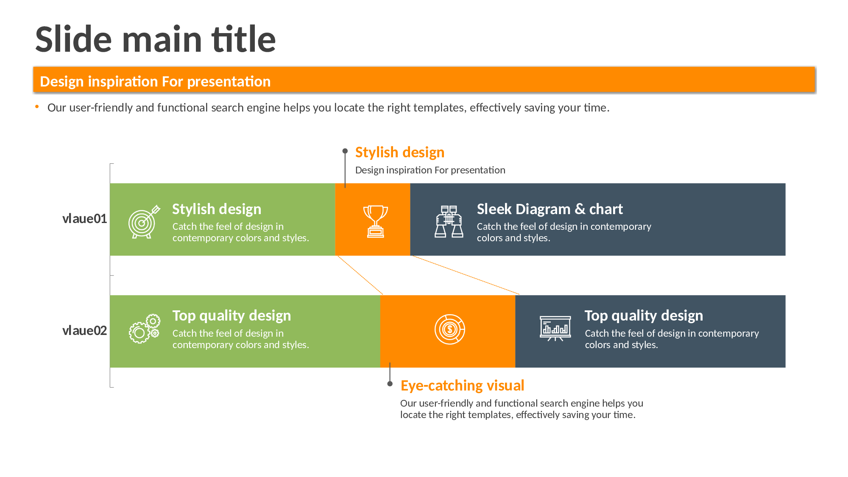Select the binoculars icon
tap(449, 221)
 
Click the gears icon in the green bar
tap(145, 329)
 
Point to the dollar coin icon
tap(449, 329)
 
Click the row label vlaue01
tap(84, 219)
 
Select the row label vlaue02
tap(84, 331)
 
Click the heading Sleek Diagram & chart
tap(550, 209)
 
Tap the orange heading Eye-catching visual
tap(462, 386)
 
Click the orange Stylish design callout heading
tap(400, 153)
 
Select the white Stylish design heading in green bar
tap(217, 209)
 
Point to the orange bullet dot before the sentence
tap(37, 107)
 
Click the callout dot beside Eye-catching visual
tap(390, 384)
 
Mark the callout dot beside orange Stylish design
tap(345, 151)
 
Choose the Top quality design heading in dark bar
tap(644, 316)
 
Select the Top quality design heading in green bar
tap(232, 316)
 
